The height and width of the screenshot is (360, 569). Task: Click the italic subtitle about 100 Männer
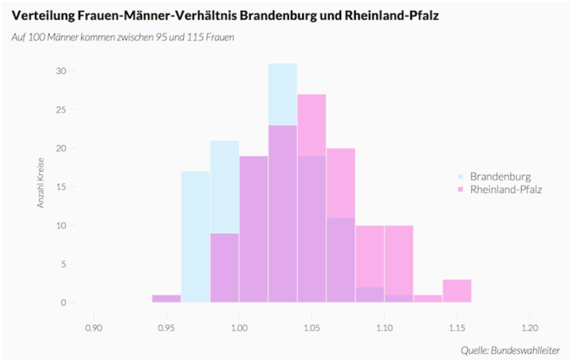tap(123, 38)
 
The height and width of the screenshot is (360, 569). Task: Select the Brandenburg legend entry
tap(500, 177)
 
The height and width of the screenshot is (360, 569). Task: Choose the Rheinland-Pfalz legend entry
tap(506, 190)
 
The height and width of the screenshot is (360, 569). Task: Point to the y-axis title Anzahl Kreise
tap(41, 182)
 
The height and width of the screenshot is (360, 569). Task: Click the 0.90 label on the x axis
tap(94, 328)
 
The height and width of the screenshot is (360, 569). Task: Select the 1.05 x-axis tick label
tap(311, 328)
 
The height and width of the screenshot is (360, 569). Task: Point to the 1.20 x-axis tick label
tap(529, 328)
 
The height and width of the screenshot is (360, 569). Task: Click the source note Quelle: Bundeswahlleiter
tap(510, 351)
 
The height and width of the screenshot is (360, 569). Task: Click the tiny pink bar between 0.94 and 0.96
tap(166, 299)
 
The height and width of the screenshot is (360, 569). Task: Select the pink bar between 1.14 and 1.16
tap(457, 291)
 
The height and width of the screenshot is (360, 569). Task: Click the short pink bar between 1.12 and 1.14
tap(428, 299)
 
